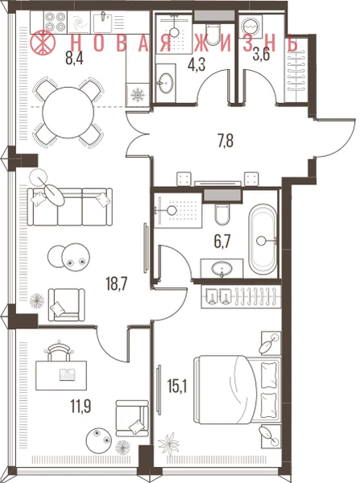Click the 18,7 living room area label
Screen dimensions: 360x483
coord(117,283)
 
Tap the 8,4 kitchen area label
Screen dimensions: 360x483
coord(74,58)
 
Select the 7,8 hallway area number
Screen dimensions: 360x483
coord(225,141)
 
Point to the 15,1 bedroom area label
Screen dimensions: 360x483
coord(177,386)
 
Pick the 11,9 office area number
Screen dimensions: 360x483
coord(81,407)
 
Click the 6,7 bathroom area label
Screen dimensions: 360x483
coord(222,242)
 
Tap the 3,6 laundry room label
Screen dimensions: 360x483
coord(261,56)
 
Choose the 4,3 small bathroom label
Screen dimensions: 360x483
coord(197,66)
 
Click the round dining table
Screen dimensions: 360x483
coord(68,113)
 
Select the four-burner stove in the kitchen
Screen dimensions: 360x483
coord(56,22)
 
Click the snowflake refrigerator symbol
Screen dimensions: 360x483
coord(137,95)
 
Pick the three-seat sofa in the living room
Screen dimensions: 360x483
coord(69,207)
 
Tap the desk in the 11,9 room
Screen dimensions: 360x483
coord(61,375)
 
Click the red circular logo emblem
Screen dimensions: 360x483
coord(43,43)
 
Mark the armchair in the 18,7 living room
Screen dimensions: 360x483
coord(66,304)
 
